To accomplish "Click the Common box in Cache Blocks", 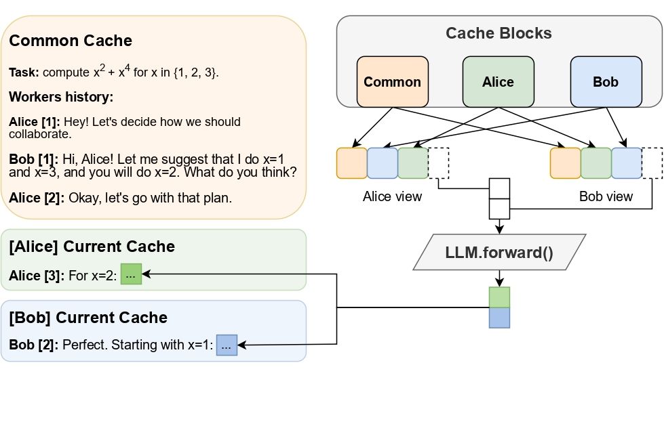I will pos(392,82).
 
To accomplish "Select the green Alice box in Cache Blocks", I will pos(498,82).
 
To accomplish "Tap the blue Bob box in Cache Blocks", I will pos(606,82).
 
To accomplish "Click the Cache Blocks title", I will pos(499,33).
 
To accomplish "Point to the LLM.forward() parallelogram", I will pos(499,254).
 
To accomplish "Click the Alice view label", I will pos(393,197).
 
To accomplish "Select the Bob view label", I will pos(606,197).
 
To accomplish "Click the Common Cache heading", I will pos(71,41).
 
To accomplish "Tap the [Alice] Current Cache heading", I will pos(92,247).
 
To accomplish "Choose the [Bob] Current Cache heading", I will pos(88,318).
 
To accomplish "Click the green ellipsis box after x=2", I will pos(131,274).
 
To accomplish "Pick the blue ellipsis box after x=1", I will pos(227,345).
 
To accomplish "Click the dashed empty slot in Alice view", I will pos(439,163).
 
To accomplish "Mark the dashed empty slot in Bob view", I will pos(652,163).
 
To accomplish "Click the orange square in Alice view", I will pos(351,163).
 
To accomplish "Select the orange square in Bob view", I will pos(565,163).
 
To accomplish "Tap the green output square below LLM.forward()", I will pos(499,297).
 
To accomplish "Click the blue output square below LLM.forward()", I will pos(499,318).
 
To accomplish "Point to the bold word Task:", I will pos(24,72).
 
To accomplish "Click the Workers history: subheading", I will pos(60,97).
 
